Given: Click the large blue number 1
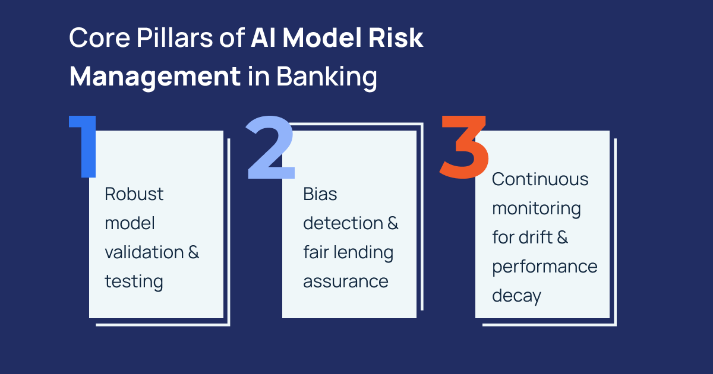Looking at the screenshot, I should click(x=85, y=147).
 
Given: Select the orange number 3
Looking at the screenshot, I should click(x=464, y=147).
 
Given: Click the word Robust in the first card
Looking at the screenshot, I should click(x=134, y=194).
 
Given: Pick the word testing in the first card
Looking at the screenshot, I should click(x=134, y=281).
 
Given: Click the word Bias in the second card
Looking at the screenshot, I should click(x=320, y=194).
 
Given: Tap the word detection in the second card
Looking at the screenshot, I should click(x=343, y=223).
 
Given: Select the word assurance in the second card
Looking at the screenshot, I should click(x=346, y=281).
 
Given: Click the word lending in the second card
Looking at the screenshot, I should click(x=364, y=252).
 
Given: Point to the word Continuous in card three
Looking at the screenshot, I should click(x=540, y=179).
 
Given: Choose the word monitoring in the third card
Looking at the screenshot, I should click(x=537, y=209).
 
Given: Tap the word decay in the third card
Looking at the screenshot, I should click(x=516, y=296).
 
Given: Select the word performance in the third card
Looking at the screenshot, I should click(x=544, y=267).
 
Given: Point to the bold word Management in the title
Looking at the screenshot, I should click(x=155, y=78).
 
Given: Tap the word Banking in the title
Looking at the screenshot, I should click(x=326, y=78).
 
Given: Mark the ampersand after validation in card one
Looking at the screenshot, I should click(x=194, y=252).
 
